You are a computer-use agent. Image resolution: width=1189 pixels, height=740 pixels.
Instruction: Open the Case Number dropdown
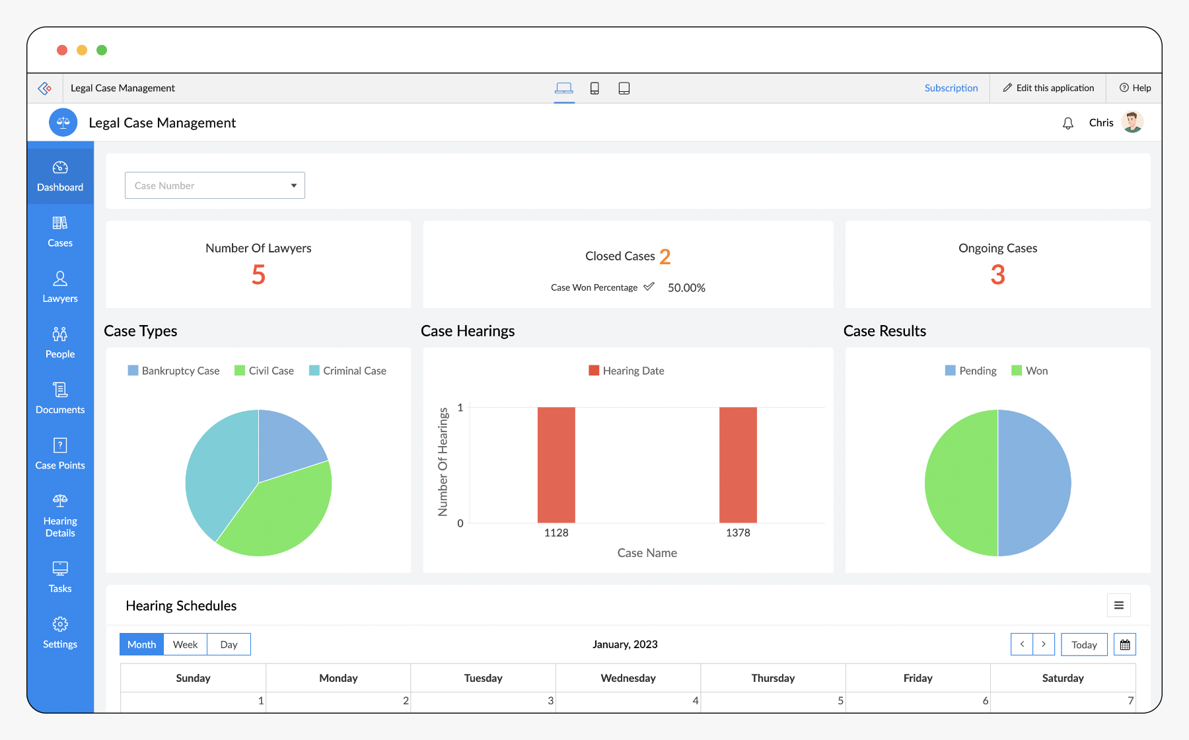[x=215, y=186]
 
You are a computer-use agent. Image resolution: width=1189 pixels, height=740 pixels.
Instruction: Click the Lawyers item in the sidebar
[x=60, y=287]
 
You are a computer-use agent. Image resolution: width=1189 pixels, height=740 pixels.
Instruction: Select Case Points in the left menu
[x=60, y=454]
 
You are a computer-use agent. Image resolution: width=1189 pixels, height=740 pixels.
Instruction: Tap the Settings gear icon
[x=60, y=624]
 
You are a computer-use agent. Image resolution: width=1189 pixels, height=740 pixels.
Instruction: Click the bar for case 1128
[x=556, y=464]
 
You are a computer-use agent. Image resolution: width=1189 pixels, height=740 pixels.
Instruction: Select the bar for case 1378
[x=738, y=464]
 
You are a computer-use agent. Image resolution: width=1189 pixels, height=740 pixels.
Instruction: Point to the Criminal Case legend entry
[x=348, y=371]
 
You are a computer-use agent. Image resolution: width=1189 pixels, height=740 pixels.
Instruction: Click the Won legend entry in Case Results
[x=1030, y=371]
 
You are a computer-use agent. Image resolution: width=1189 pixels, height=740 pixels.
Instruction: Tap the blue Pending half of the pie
[x=1034, y=483]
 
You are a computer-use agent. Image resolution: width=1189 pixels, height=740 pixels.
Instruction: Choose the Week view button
[x=185, y=644]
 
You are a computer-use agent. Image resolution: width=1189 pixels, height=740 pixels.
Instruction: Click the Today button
[x=1084, y=644]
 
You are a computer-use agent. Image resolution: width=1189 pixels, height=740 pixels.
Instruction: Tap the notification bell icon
[x=1068, y=124]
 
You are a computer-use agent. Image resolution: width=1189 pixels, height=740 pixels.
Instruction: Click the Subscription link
[x=951, y=88]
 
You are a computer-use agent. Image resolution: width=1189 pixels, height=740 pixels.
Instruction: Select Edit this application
[x=1048, y=88]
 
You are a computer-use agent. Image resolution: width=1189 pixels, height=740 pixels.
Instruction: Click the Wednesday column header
[x=628, y=678]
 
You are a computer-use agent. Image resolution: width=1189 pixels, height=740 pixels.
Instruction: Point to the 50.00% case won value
[x=686, y=287]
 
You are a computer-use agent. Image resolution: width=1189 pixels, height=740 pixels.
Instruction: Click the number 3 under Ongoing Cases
[x=997, y=275]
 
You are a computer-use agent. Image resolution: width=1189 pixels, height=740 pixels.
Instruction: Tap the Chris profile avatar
[x=1132, y=122]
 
